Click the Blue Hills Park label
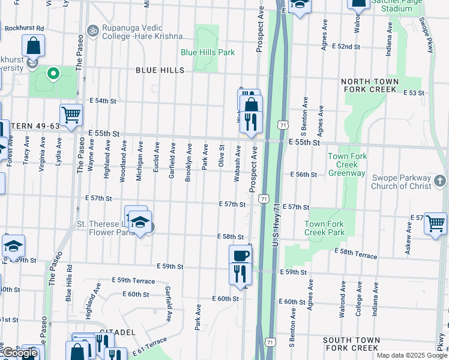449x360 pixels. coord(208,52)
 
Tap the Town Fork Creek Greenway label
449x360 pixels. coord(346,165)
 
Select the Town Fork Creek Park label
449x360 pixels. coord(324,228)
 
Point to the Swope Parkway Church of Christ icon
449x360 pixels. coord(440,180)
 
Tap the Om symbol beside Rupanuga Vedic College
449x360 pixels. coord(92,29)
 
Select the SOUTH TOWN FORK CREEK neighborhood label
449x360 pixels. coord(351,344)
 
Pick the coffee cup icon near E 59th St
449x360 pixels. coord(240,255)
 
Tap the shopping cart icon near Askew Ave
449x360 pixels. coord(435,223)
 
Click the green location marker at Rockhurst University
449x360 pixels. coord(53,74)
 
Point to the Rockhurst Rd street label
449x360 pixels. coord(24,28)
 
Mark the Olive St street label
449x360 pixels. coord(221,155)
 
